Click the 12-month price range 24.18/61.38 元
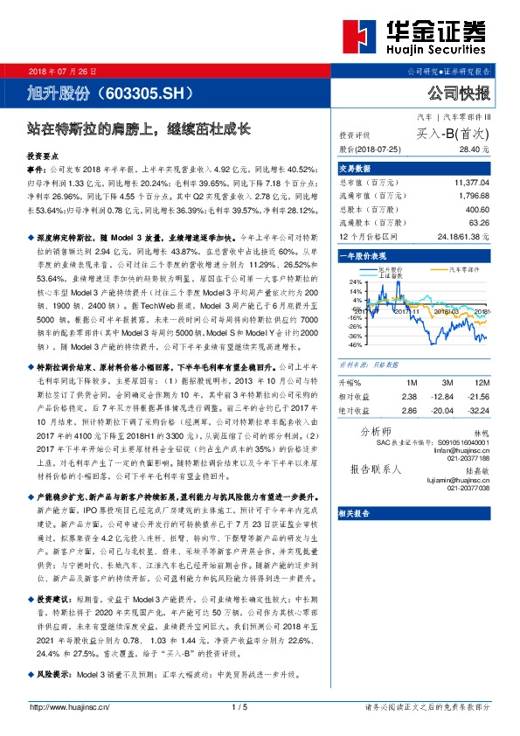[x=461, y=236]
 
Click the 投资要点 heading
[x=45, y=153]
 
